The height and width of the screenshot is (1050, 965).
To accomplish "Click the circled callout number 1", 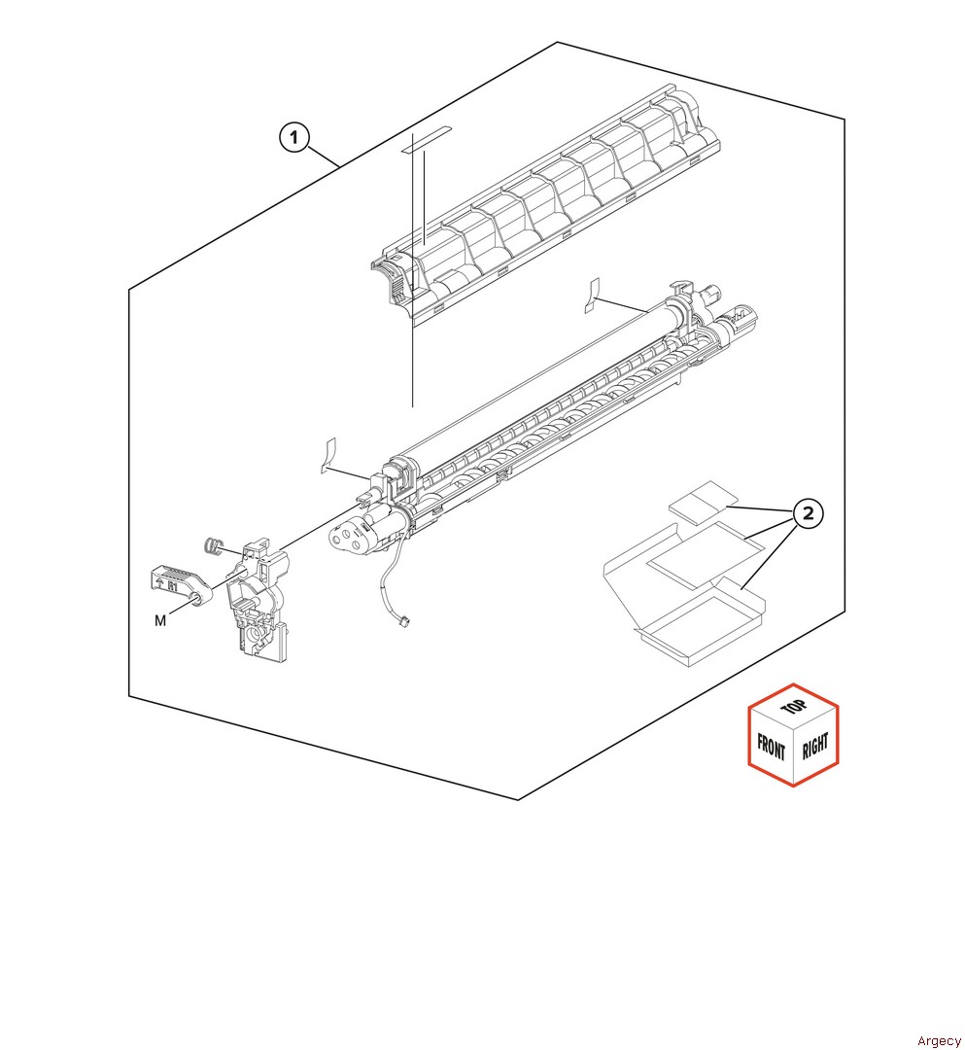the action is [x=293, y=138].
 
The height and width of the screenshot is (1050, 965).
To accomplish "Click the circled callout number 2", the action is [x=808, y=513].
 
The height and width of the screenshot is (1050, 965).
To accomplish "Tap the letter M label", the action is [x=160, y=620].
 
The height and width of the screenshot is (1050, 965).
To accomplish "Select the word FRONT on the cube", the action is [x=771, y=746].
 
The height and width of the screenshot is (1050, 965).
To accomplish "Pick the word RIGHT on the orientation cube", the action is [x=815, y=746].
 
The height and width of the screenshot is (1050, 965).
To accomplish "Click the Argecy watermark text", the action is [x=939, y=1040].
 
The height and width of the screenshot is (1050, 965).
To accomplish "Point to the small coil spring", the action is [x=213, y=545].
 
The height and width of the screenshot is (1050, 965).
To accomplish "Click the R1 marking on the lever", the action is [x=173, y=584].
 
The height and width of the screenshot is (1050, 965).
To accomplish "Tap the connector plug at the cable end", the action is [x=405, y=621].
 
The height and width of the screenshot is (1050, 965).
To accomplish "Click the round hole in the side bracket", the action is [x=255, y=632].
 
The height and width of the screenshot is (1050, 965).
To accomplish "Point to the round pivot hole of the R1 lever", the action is [x=196, y=598].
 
